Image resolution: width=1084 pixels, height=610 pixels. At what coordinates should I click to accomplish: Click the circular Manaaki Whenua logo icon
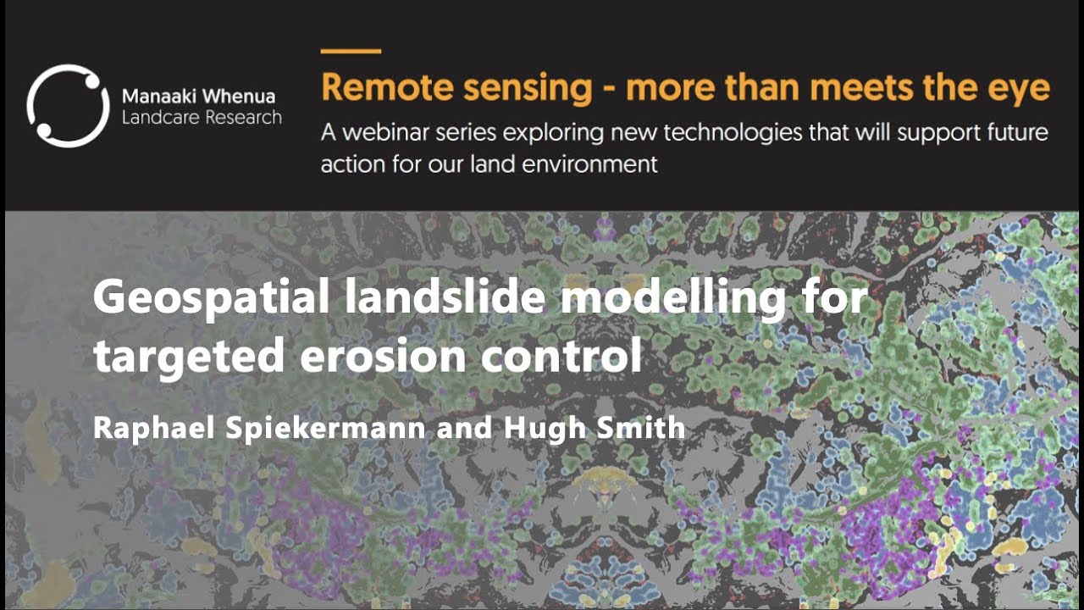point(68,106)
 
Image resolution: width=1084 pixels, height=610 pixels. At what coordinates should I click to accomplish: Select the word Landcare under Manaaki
point(158,118)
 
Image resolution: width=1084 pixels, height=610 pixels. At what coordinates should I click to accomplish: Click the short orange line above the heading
point(351,51)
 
